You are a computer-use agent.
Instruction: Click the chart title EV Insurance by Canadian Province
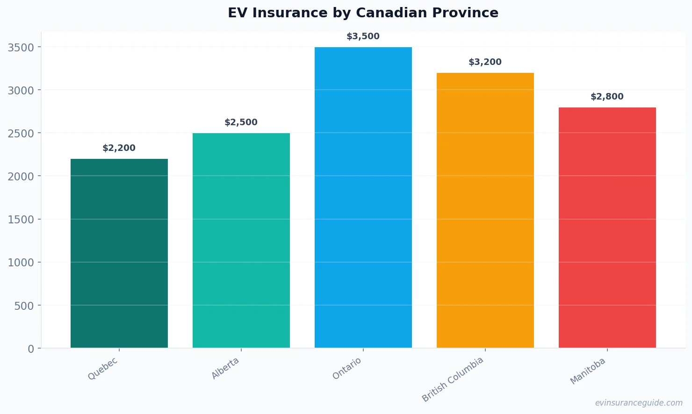point(363,13)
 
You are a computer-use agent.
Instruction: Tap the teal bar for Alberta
point(241,240)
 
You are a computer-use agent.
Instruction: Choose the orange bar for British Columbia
point(485,210)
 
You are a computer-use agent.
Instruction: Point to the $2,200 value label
point(119,148)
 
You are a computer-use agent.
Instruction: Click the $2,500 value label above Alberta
point(241,122)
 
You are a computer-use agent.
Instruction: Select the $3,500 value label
point(363,36)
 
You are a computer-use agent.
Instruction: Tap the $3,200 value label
point(485,62)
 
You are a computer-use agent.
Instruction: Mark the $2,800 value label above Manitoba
point(607,97)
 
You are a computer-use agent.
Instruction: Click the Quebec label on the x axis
point(103,369)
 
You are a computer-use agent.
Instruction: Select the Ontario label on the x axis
point(347,369)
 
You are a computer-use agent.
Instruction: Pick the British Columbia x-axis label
point(453,379)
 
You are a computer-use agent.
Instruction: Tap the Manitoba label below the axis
point(588,371)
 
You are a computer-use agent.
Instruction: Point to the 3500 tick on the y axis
point(21,48)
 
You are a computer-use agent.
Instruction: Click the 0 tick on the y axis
point(31,349)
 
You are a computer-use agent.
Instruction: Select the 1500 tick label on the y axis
point(21,220)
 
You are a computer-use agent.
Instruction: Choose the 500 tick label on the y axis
point(24,306)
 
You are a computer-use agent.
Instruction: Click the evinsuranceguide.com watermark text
point(639,403)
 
